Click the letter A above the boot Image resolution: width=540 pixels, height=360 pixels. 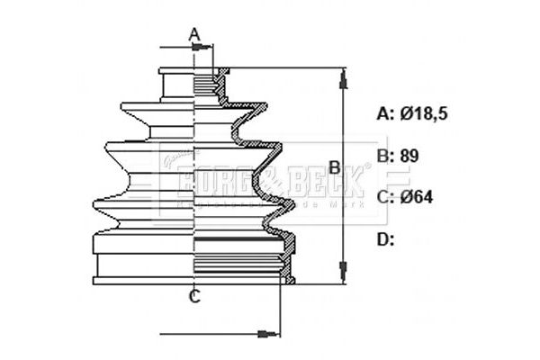point(194,35)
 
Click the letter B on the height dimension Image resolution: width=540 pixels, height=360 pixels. point(334,166)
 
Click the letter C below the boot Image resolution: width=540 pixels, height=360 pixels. point(194,297)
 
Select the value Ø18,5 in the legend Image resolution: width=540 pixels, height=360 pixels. point(425,114)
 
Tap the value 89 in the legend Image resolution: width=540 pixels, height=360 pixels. point(410,155)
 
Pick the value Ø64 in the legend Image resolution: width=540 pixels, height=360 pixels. point(416,196)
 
